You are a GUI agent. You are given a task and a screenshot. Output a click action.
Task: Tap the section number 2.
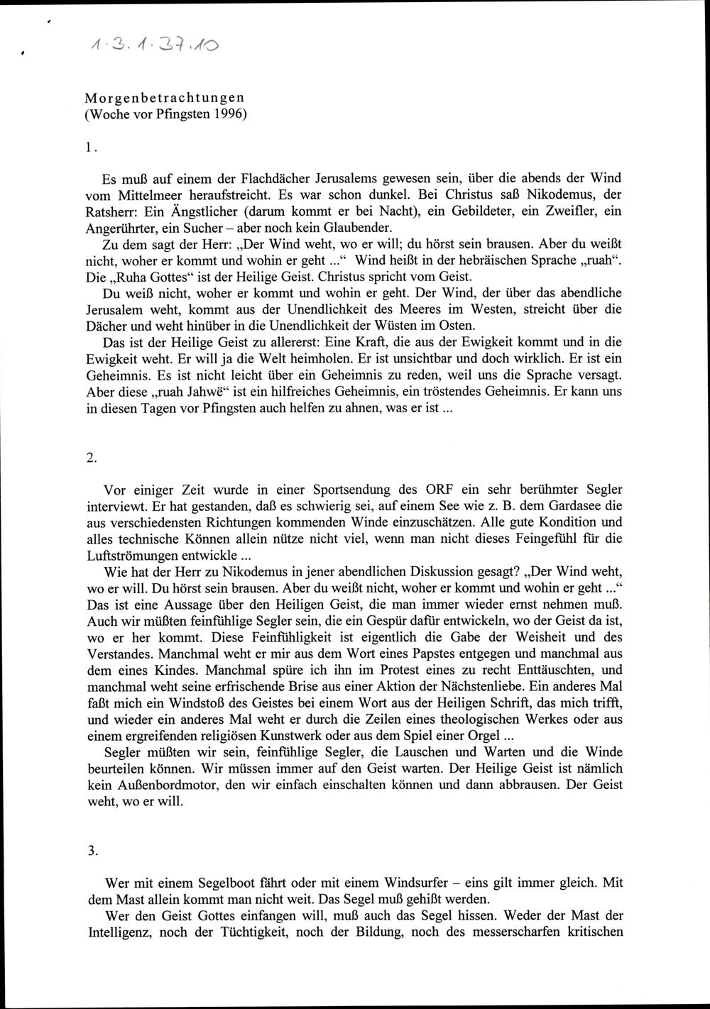(91, 458)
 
